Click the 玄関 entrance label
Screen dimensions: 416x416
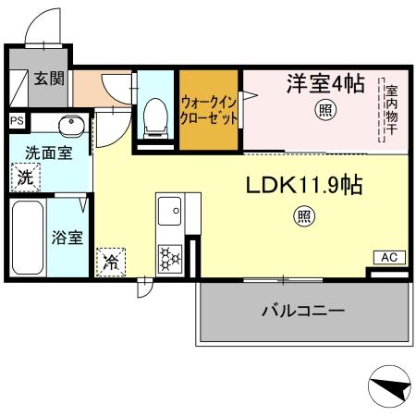coord(49,79)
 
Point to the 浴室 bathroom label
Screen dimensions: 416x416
coord(67,238)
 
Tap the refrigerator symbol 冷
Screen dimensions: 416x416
coord(111,263)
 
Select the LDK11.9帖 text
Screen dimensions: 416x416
coord(302,185)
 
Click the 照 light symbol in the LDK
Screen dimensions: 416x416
coord(302,217)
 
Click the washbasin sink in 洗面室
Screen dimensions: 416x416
coord(70,126)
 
